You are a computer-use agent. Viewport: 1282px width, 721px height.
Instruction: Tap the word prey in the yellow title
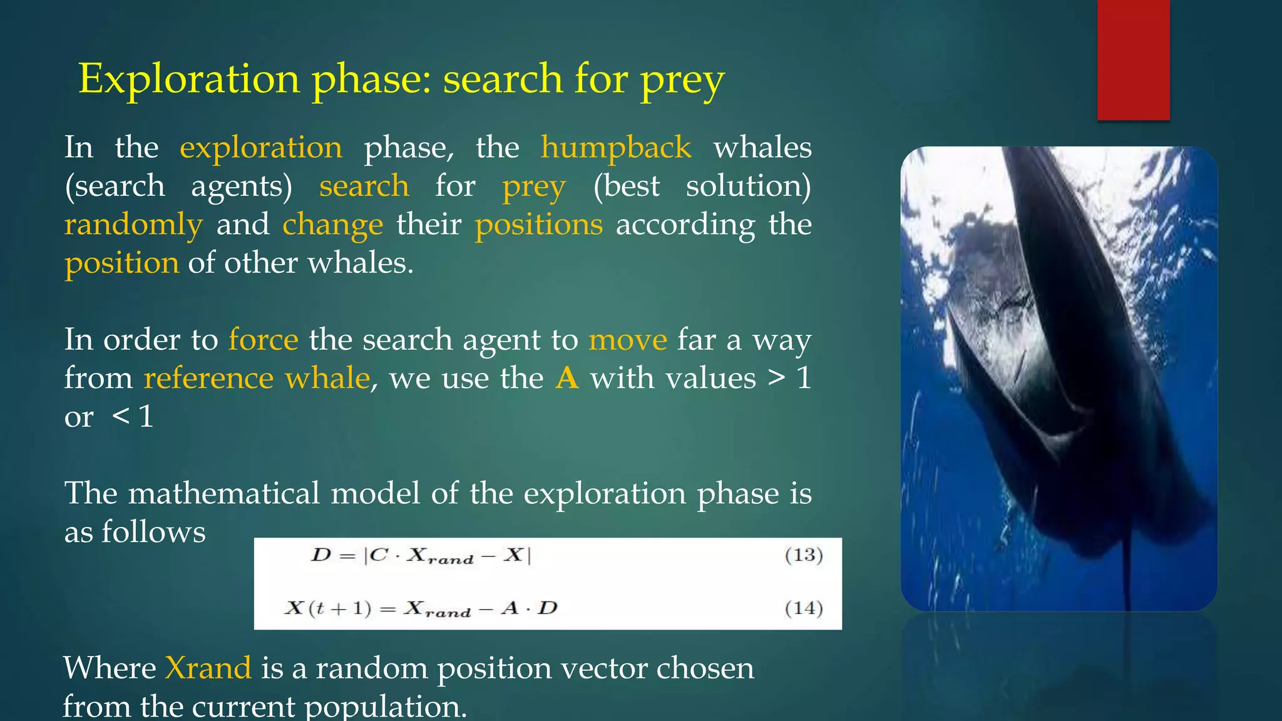[682, 81]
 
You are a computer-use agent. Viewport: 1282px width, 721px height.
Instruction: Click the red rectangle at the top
[1133, 59]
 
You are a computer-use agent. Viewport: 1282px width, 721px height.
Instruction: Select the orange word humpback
[616, 148]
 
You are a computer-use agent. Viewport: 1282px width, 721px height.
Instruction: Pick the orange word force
[263, 340]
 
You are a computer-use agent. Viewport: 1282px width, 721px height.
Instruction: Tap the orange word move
[628, 340]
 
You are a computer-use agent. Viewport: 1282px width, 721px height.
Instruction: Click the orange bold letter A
[567, 378]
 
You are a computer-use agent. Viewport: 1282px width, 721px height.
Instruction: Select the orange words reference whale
[257, 378]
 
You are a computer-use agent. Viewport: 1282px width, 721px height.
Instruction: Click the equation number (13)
[804, 555]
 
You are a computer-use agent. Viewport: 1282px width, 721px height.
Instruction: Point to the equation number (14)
[804, 608]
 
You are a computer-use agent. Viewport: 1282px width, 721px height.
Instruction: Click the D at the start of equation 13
[321, 555]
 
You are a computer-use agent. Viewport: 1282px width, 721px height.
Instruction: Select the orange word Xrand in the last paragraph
[208, 668]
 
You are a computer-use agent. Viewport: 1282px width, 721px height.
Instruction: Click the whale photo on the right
[1059, 379]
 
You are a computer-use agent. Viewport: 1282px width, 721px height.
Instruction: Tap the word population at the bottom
[386, 707]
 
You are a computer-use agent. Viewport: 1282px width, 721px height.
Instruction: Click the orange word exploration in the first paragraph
[261, 148]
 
